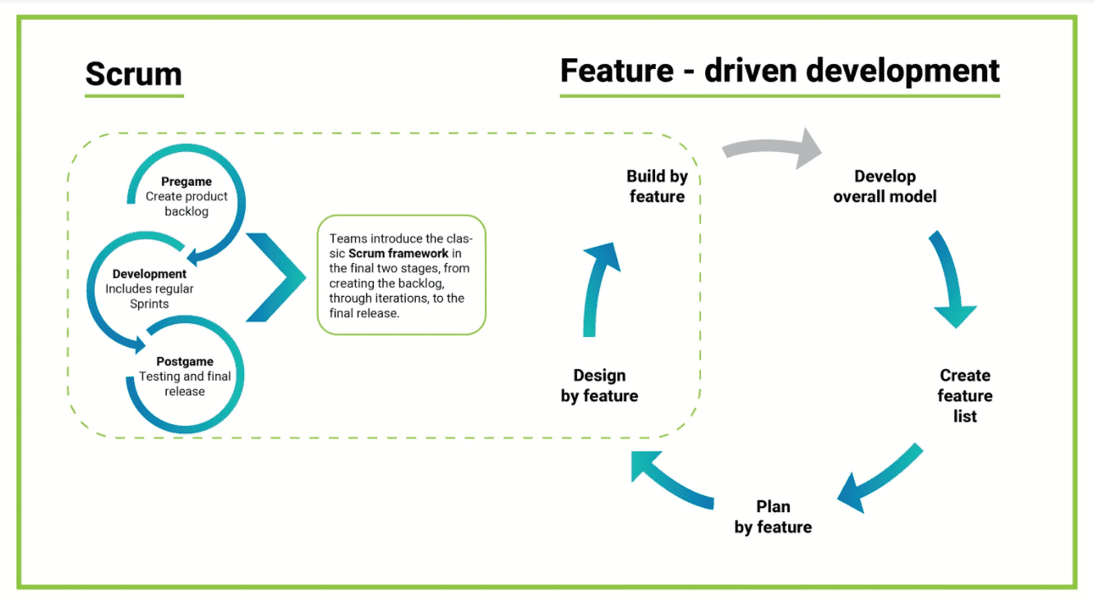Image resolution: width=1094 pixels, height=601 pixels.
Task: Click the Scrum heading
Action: (x=133, y=74)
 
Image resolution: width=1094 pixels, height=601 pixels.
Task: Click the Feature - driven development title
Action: (x=779, y=71)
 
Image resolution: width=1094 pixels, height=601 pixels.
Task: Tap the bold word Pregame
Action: (x=187, y=182)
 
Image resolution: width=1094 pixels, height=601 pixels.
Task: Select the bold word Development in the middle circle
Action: (x=150, y=274)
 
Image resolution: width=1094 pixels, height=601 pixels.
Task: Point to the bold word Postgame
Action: (x=185, y=361)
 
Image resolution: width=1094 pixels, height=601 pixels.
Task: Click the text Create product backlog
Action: (x=187, y=204)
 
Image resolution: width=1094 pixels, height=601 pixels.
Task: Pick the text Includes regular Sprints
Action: (x=150, y=297)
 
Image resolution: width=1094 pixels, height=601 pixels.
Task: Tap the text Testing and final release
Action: (x=185, y=384)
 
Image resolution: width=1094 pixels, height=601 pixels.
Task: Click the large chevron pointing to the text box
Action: (x=279, y=277)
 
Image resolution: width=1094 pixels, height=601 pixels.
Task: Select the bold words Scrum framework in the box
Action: (x=399, y=253)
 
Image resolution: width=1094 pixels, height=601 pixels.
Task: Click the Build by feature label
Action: (x=657, y=186)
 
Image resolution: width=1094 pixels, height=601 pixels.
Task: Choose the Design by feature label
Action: (x=599, y=386)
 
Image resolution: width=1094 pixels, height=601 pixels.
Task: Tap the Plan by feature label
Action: (x=773, y=516)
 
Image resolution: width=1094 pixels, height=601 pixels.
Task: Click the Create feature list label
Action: (x=965, y=395)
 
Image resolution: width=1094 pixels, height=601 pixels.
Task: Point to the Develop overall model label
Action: (x=884, y=186)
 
